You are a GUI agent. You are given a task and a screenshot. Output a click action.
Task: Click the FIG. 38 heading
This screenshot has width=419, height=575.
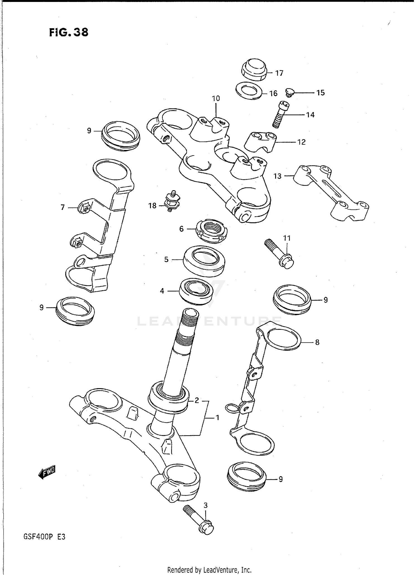pyautogui.click(x=69, y=33)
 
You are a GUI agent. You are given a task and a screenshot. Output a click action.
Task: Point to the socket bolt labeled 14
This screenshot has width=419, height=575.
pyautogui.click(x=280, y=115)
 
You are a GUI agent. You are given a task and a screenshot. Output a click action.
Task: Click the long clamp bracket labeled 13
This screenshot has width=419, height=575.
pyautogui.click(x=331, y=192)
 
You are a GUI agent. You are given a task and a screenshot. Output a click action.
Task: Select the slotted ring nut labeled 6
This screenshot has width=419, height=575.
pyautogui.click(x=211, y=230)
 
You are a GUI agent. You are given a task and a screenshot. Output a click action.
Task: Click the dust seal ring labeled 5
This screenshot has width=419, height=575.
pyautogui.click(x=204, y=261)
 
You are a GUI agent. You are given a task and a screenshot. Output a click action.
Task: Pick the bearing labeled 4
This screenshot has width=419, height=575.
pyautogui.click(x=196, y=291)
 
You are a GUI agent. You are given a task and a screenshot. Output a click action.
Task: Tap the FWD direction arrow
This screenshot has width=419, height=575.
pyautogui.click(x=47, y=472)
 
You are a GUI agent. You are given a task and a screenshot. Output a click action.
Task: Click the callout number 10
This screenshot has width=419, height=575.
pyautogui.click(x=216, y=99)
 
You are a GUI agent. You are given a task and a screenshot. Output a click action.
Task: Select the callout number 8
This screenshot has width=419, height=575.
pyautogui.click(x=317, y=342)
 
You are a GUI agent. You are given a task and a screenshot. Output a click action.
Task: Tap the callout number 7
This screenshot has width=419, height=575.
pyautogui.click(x=63, y=207)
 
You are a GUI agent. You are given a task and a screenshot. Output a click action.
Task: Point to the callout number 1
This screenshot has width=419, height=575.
pyautogui.click(x=217, y=418)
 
